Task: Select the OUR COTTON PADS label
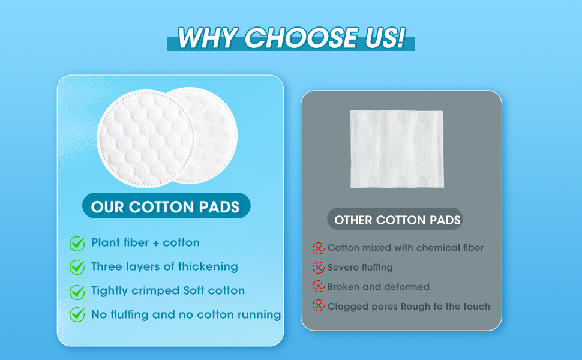point(166,208)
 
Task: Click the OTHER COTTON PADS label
point(397,220)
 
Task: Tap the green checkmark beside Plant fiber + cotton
point(77,244)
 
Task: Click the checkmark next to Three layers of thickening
point(77,267)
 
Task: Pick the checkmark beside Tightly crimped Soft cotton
point(77,292)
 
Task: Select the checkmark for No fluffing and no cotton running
point(77,314)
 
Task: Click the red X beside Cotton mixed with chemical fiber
point(319,248)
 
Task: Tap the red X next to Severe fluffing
point(319,268)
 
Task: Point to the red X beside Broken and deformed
point(319,287)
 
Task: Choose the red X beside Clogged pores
point(319,307)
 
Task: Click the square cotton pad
point(397,149)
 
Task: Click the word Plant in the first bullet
point(104,243)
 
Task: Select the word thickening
point(207,266)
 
